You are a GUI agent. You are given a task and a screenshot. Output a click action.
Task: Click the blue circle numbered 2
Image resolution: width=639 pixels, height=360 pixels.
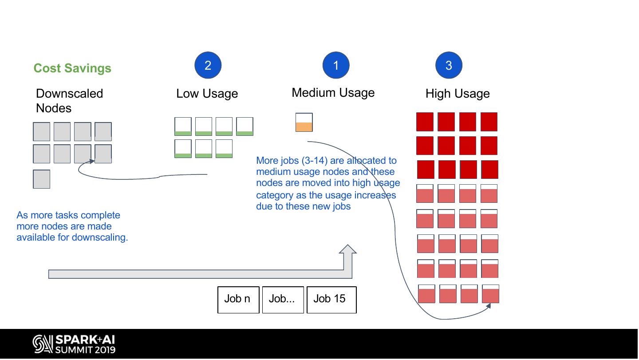(x=208, y=65)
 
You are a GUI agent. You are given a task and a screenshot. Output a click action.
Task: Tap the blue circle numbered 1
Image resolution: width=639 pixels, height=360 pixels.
(x=336, y=65)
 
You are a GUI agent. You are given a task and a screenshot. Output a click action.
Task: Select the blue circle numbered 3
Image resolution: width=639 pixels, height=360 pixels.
(x=449, y=65)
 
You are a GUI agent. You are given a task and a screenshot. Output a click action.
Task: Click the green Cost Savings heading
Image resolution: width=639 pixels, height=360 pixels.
(x=72, y=68)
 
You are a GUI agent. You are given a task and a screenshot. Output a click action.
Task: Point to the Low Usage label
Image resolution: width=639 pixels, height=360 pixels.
(x=207, y=94)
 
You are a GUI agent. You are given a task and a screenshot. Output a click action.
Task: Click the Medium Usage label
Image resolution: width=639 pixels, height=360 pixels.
(x=333, y=93)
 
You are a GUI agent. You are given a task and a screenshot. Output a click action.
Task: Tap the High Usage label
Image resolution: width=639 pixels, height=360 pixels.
(x=458, y=94)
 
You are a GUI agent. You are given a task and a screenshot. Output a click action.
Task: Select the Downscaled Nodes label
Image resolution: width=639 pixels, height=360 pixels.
(x=69, y=101)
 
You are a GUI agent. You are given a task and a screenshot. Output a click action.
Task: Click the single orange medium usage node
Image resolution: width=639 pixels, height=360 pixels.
(x=304, y=122)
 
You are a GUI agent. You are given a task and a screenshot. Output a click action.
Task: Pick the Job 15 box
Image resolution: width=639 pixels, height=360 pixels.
(x=331, y=300)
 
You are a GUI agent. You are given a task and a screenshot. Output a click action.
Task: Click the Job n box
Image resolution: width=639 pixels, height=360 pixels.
(x=238, y=300)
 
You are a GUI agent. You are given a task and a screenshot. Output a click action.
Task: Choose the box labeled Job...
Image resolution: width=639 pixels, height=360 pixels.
(x=283, y=300)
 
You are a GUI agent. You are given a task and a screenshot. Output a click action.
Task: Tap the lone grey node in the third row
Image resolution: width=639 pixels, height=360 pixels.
(x=42, y=179)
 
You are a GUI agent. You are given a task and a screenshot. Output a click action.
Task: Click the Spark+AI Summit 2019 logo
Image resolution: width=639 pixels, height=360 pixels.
(x=74, y=344)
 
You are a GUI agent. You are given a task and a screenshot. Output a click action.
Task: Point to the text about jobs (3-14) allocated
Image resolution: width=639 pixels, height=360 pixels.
(x=327, y=183)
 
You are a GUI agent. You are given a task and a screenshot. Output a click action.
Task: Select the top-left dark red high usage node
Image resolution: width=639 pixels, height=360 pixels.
(x=425, y=122)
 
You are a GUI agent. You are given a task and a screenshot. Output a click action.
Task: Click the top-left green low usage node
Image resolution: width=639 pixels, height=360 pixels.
(x=183, y=127)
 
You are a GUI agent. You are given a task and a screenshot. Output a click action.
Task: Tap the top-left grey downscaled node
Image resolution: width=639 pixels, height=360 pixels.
(x=42, y=132)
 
